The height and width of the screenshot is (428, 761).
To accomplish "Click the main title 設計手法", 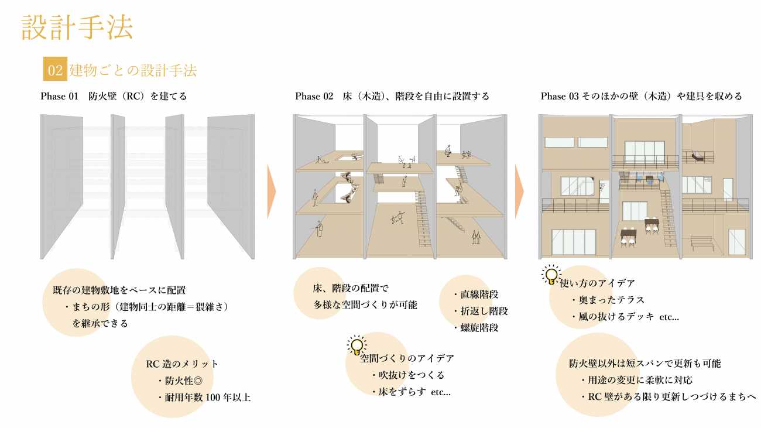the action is coord(77,27).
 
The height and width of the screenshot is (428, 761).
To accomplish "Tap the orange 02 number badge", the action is coord(55,69).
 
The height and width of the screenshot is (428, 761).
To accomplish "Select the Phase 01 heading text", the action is coord(114,96).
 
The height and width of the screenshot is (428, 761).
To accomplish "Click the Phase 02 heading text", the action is coord(392,96).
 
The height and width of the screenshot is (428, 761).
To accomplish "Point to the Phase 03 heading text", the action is coord(642,96).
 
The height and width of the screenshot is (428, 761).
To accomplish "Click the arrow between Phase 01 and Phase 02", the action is coord(272,191).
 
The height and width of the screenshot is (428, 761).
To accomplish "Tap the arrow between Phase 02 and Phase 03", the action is coord(519,191).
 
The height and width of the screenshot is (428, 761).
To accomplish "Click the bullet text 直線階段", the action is coord(477,295).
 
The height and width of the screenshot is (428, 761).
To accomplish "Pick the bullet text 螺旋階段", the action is coord(477,328).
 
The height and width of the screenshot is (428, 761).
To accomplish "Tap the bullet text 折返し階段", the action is coord(481,311).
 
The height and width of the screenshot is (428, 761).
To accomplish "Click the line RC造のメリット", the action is coord(182,364).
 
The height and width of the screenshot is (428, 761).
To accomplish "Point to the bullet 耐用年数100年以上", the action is coord(204,398).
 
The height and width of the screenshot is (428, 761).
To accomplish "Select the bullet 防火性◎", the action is coord(180,381).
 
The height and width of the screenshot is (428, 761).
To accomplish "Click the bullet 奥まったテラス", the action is coord(608,300).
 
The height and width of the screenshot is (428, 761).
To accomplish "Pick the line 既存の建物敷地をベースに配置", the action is coord(119,290).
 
